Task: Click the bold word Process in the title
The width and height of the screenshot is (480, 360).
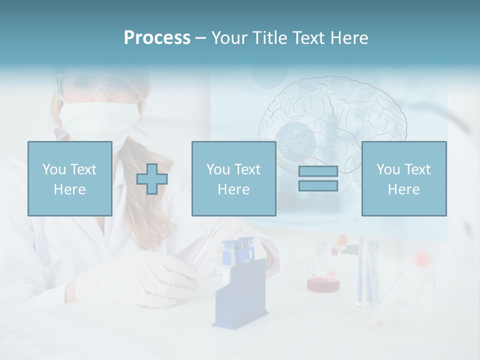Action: tap(157, 38)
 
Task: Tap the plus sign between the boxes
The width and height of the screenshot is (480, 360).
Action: tap(152, 178)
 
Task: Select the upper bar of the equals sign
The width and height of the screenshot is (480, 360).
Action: tap(318, 171)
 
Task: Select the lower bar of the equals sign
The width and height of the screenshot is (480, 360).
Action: tap(318, 185)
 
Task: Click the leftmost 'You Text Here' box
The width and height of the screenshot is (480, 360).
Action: tap(69, 178)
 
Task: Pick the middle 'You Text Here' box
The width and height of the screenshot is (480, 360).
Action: tap(233, 178)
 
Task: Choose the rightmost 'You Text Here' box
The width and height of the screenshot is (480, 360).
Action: tap(404, 178)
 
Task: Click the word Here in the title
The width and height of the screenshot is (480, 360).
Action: tap(348, 38)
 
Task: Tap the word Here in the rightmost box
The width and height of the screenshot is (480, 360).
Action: tap(404, 189)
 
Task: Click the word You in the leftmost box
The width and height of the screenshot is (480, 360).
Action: tap(53, 169)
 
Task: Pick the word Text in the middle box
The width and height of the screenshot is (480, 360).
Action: tap(247, 169)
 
